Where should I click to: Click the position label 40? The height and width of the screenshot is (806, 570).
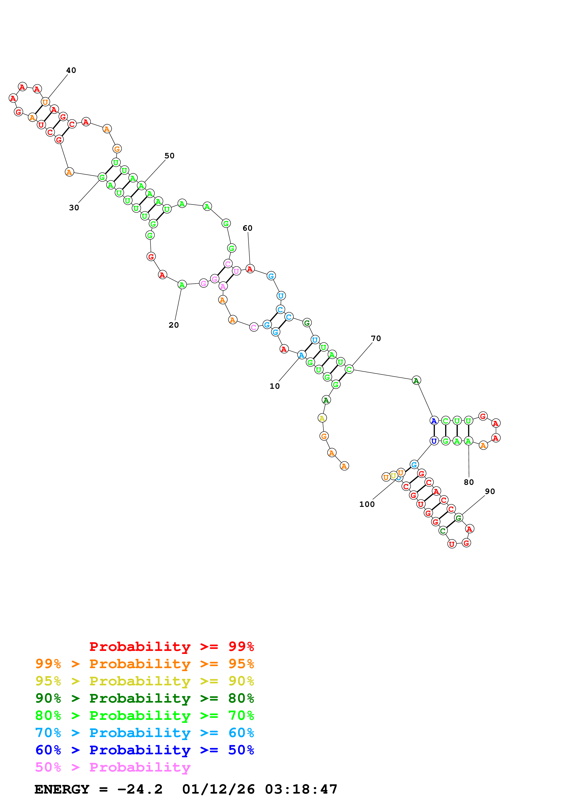(x=71, y=70)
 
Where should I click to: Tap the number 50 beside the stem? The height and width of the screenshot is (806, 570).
(x=169, y=156)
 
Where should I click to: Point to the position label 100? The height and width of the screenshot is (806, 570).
(x=367, y=504)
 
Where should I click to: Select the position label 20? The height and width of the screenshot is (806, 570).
(x=174, y=325)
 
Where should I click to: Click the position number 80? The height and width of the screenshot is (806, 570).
(x=469, y=482)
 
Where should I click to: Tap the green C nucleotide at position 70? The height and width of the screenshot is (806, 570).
(x=349, y=369)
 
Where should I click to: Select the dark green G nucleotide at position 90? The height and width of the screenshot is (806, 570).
(x=458, y=518)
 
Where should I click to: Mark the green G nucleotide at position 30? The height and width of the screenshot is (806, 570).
(x=102, y=177)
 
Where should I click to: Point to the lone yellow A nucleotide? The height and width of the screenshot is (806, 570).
(x=322, y=418)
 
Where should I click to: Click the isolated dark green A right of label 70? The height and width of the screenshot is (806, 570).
(x=416, y=380)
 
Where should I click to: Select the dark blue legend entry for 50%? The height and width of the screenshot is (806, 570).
(x=144, y=750)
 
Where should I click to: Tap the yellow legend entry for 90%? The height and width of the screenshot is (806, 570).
(x=144, y=681)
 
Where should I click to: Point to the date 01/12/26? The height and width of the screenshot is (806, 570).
(x=218, y=789)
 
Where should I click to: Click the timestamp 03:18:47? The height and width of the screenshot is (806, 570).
(x=301, y=789)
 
